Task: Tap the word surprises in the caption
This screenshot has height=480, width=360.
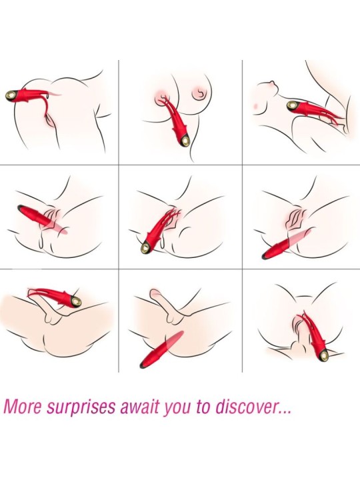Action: (83, 408)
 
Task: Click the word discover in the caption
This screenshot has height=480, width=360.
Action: (243, 407)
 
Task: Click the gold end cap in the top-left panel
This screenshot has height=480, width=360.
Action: (12, 96)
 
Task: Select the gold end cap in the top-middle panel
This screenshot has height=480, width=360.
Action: (185, 141)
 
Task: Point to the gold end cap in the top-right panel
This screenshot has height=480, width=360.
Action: (293, 106)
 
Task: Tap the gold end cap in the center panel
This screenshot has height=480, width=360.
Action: (145, 247)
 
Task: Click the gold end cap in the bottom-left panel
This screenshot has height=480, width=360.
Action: (75, 301)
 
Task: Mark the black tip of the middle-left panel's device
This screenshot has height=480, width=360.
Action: (20, 207)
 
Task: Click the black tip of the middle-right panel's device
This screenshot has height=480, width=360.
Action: (265, 256)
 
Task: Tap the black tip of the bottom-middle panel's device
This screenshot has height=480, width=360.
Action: (143, 365)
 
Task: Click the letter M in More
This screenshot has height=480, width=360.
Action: (11, 407)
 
